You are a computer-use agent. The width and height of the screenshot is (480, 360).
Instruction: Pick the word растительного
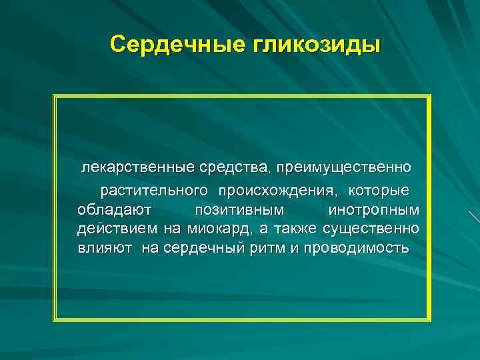tap(152, 191)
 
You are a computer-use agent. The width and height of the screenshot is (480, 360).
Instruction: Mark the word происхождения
tap(275, 191)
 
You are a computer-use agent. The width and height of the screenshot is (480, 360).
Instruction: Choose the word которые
tap(381, 191)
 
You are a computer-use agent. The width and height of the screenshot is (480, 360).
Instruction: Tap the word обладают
tap(114, 210)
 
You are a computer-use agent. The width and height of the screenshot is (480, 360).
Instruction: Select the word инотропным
tap(375, 210)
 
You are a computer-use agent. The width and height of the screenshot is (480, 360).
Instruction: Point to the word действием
tap(117, 229)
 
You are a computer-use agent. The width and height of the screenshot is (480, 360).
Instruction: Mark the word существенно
tap(371, 229)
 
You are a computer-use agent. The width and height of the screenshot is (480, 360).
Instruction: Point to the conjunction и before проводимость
tap(297, 249)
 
